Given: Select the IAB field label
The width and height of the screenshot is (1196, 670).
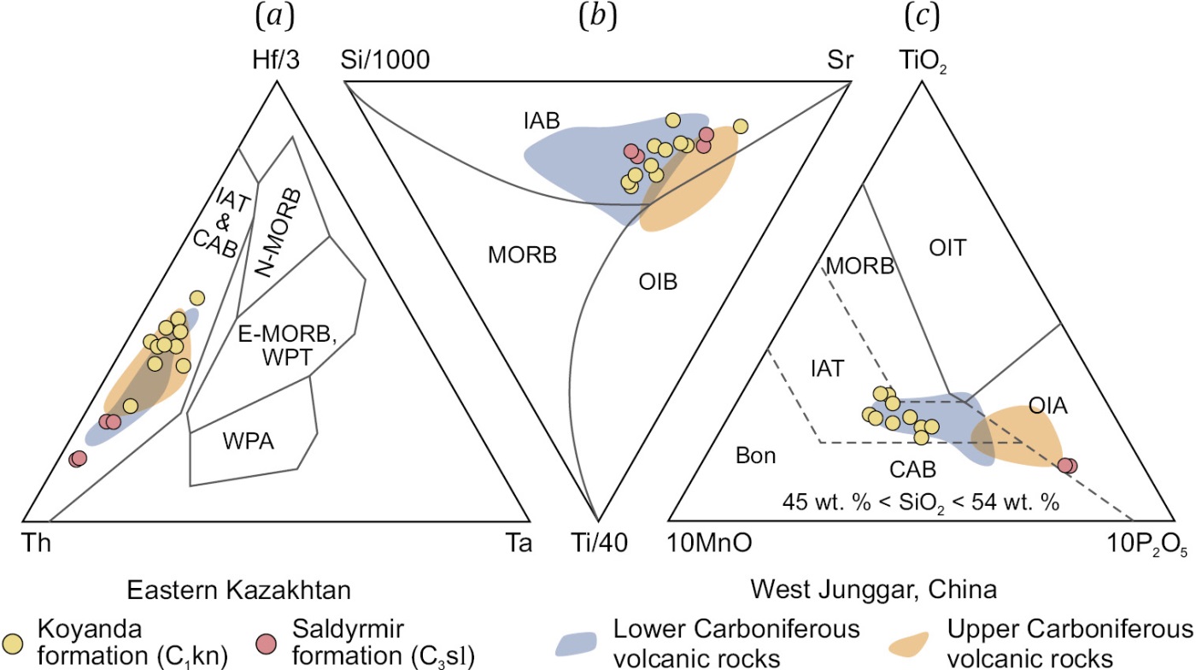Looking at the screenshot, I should point(542,121).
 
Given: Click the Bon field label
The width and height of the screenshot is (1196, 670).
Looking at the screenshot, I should point(755,455).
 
